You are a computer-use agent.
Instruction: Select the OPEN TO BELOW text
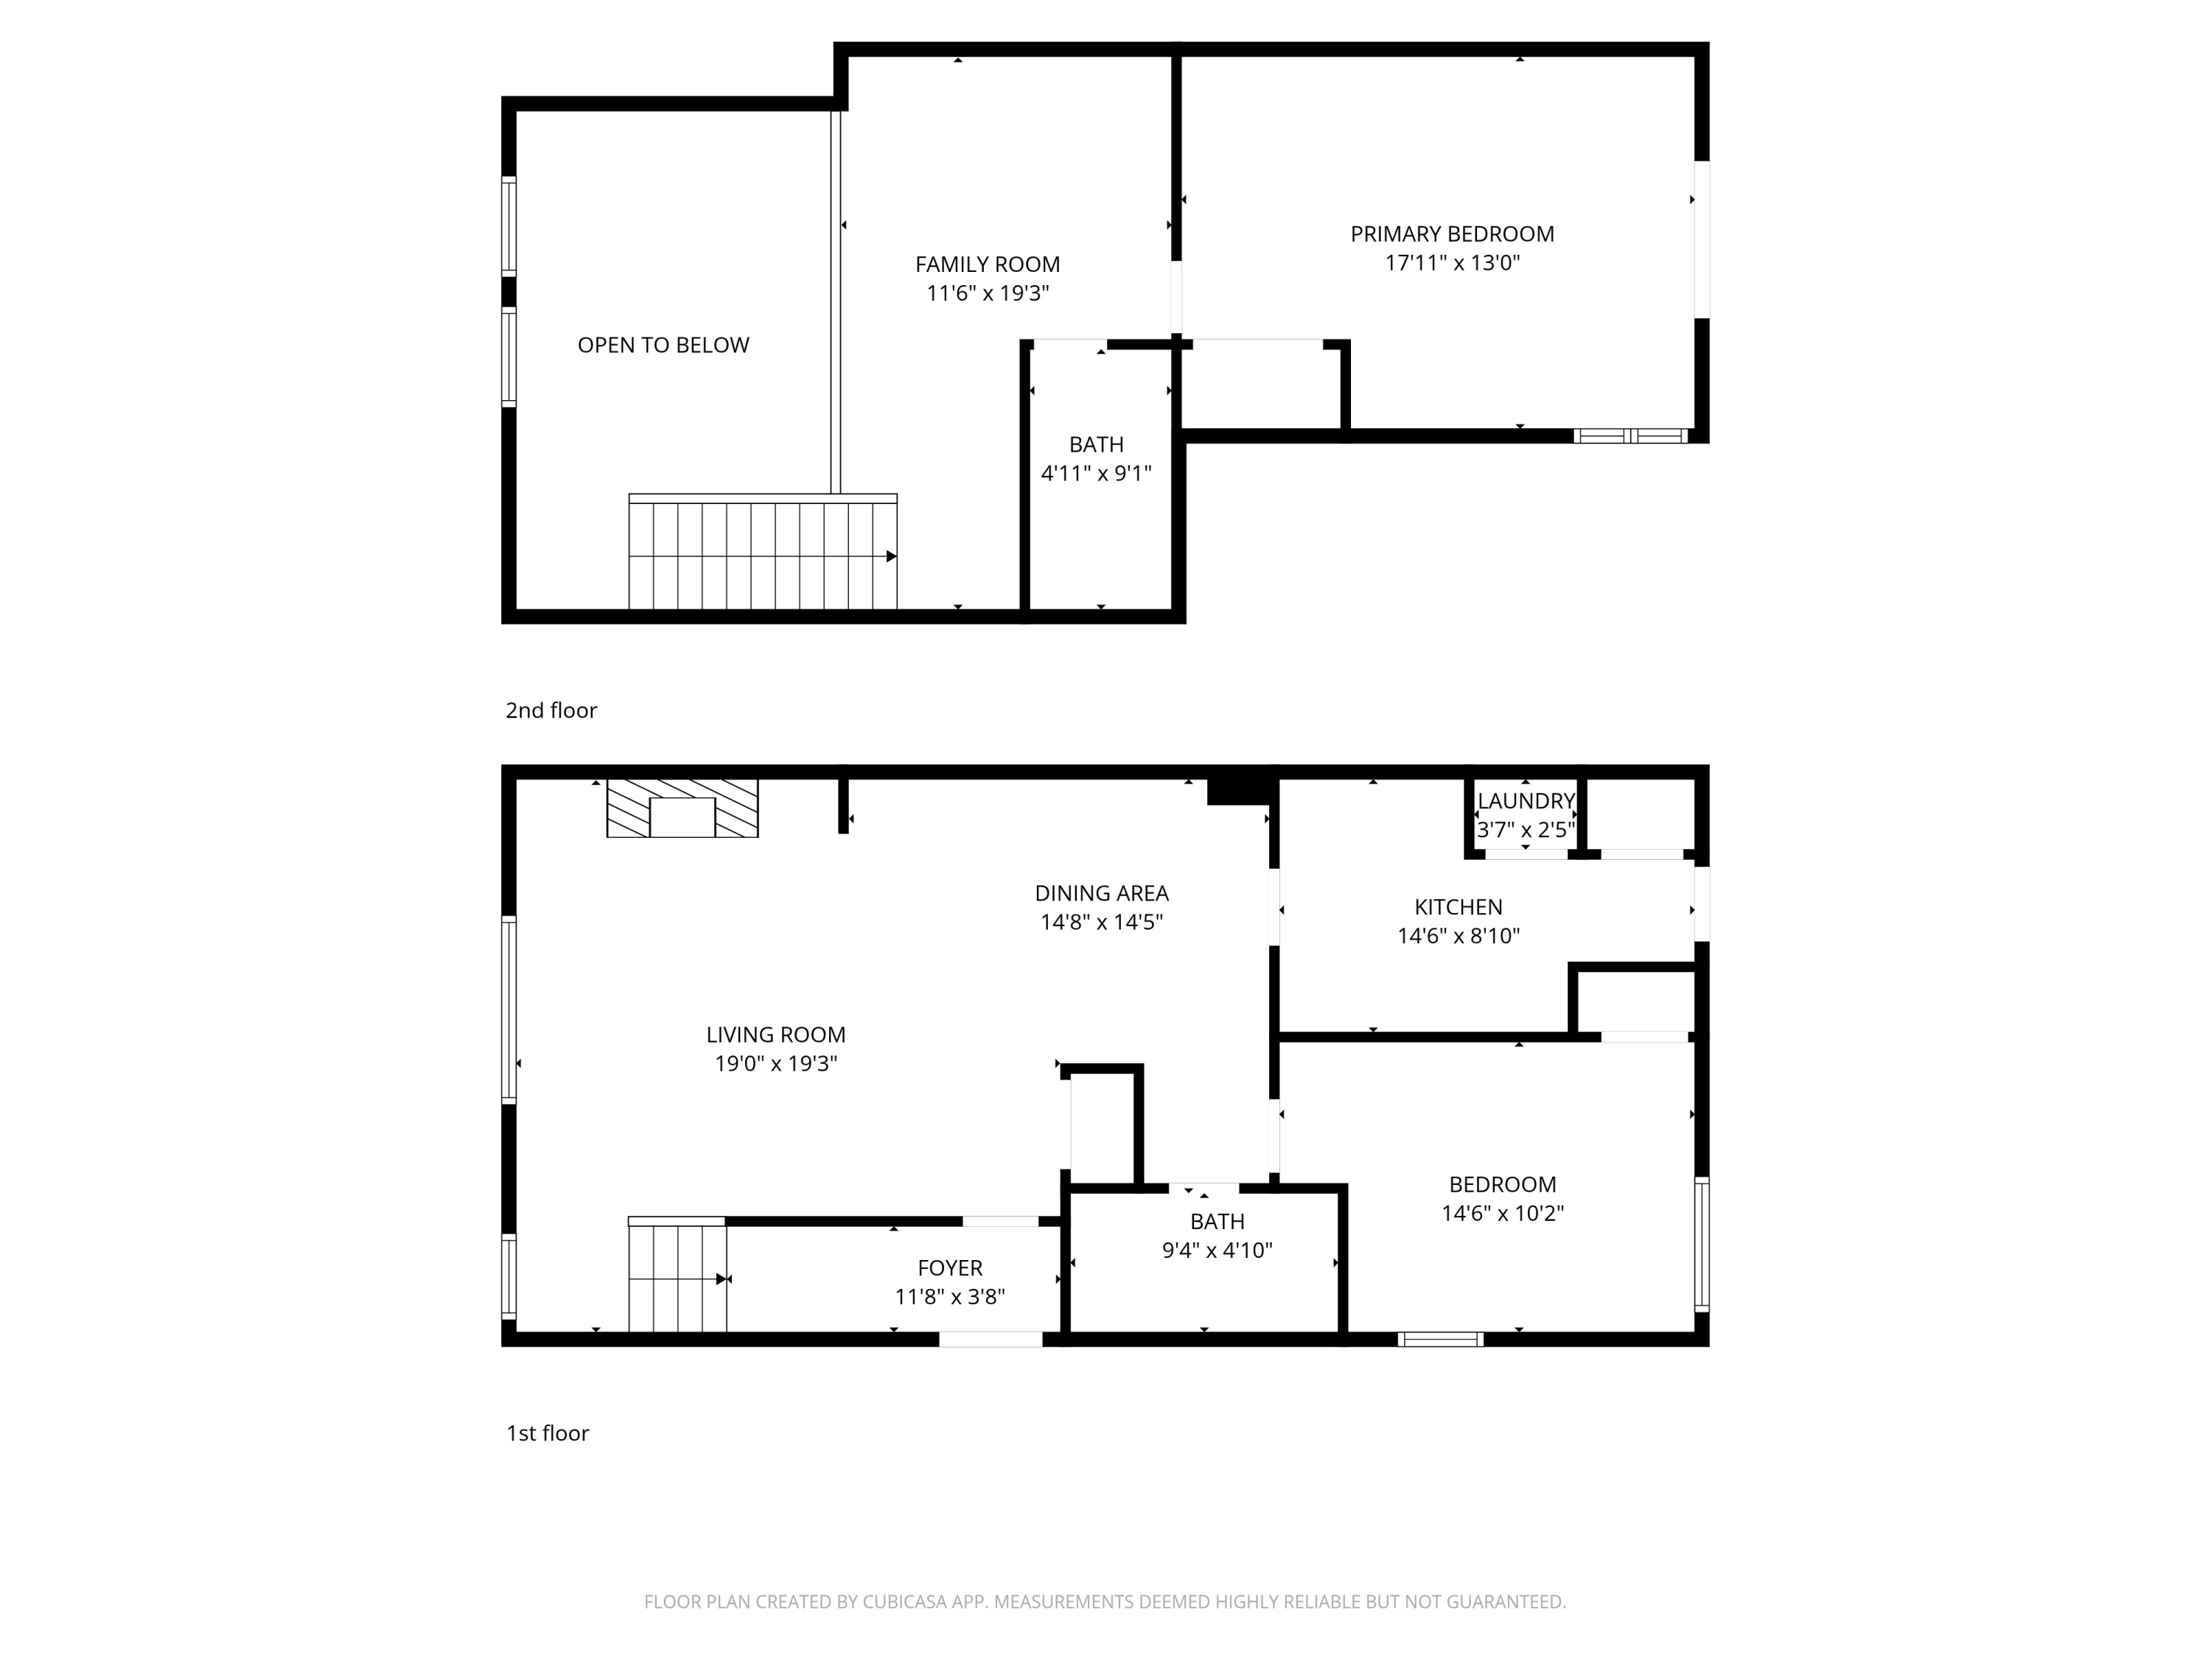tap(663, 345)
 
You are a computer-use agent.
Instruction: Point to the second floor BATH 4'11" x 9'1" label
tap(1097, 459)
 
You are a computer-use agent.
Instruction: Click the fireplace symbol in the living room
tap(682, 808)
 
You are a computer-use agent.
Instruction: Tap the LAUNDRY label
tap(1526, 800)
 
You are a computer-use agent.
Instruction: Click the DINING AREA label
tap(1102, 893)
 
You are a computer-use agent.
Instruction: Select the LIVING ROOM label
tap(775, 1035)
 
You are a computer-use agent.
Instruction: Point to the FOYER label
tap(949, 1268)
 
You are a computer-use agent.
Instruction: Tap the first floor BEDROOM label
tap(1502, 1185)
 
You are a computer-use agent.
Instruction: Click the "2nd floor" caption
tap(551, 710)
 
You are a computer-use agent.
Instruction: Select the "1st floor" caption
tap(548, 1433)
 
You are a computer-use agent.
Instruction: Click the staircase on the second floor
tap(761, 555)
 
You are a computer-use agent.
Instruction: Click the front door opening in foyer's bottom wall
tap(991, 1339)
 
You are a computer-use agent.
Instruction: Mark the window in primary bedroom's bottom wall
tap(1630, 436)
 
